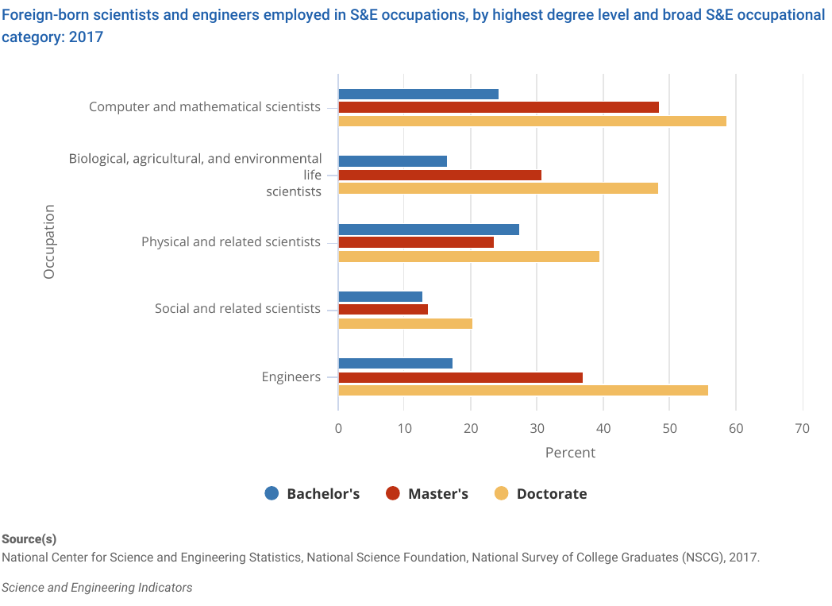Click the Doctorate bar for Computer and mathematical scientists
532,121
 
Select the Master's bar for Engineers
460,377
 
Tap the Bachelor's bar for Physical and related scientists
429,229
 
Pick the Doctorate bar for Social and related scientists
405,323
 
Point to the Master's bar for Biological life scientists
440,175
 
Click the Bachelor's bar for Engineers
395,363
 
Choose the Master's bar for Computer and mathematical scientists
499,107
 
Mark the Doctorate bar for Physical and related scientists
468,256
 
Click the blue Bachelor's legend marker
272,493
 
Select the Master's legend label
438,494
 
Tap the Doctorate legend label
552,494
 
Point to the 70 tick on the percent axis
802,429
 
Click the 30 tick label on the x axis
537,429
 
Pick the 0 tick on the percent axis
338,429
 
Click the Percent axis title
570,453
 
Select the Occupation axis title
49,241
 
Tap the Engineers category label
291,376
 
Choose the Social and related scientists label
237,309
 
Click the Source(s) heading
29,538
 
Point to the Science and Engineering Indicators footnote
97,588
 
